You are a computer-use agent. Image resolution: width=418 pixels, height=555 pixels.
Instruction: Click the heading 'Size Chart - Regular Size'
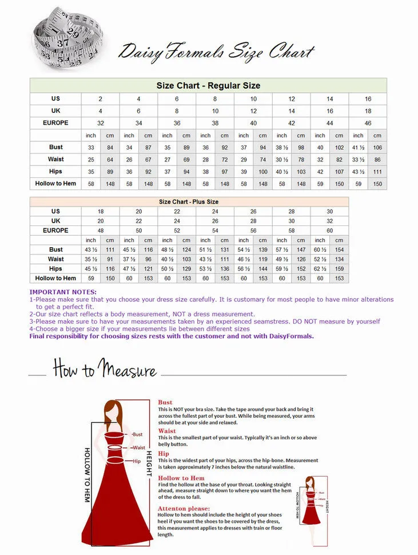click(208, 86)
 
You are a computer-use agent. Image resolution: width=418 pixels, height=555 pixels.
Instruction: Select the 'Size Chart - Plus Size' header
click(189, 202)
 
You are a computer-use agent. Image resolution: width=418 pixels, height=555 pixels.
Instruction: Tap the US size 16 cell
click(368, 99)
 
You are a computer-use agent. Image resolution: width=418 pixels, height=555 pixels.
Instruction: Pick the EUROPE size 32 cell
click(101, 123)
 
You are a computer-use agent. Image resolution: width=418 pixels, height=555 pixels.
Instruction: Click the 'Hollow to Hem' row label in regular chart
click(55, 184)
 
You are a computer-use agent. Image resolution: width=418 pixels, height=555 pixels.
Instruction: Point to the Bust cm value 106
click(377, 148)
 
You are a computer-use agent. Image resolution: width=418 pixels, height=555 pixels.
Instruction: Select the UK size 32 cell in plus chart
click(329, 221)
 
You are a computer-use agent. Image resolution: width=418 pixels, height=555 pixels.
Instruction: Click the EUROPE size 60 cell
click(329, 231)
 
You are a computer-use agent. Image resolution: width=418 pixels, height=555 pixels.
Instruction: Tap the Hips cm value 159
click(339, 269)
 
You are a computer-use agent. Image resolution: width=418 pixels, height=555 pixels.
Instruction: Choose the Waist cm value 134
click(339, 259)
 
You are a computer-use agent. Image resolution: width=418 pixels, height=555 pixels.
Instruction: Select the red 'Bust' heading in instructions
click(165, 403)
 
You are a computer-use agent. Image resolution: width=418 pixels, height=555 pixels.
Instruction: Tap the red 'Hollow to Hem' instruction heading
click(181, 478)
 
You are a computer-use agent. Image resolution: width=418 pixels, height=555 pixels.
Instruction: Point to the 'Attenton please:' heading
click(184, 509)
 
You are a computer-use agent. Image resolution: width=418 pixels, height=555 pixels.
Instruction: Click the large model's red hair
click(113, 413)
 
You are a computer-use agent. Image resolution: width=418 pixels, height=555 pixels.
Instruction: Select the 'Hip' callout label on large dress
click(137, 461)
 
